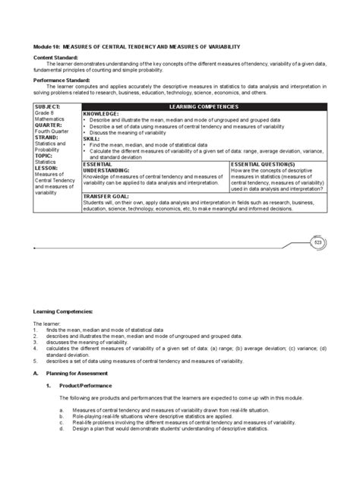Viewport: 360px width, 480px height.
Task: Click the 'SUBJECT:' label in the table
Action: click(x=47, y=107)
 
